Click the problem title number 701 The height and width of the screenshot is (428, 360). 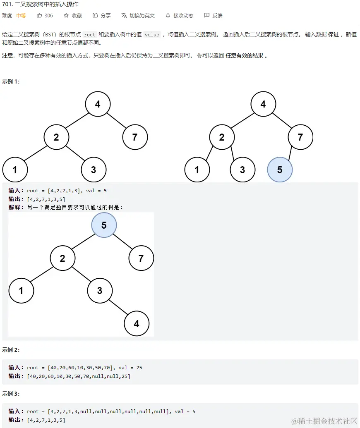(x=7, y=4)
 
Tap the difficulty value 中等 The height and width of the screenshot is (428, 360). (x=21, y=16)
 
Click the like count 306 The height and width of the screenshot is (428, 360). (x=48, y=16)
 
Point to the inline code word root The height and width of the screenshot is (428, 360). (x=89, y=35)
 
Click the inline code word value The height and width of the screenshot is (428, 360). (x=152, y=35)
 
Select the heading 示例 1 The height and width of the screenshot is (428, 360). (x=11, y=81)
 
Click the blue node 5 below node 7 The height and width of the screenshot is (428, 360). (x=280, y=170)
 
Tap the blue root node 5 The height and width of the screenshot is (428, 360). (x=104, y=225)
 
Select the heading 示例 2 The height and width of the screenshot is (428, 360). (x=11, y=350)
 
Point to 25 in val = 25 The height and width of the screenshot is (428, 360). (x=139, y=368)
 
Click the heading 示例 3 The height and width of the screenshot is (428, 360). (x=11, y=394)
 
